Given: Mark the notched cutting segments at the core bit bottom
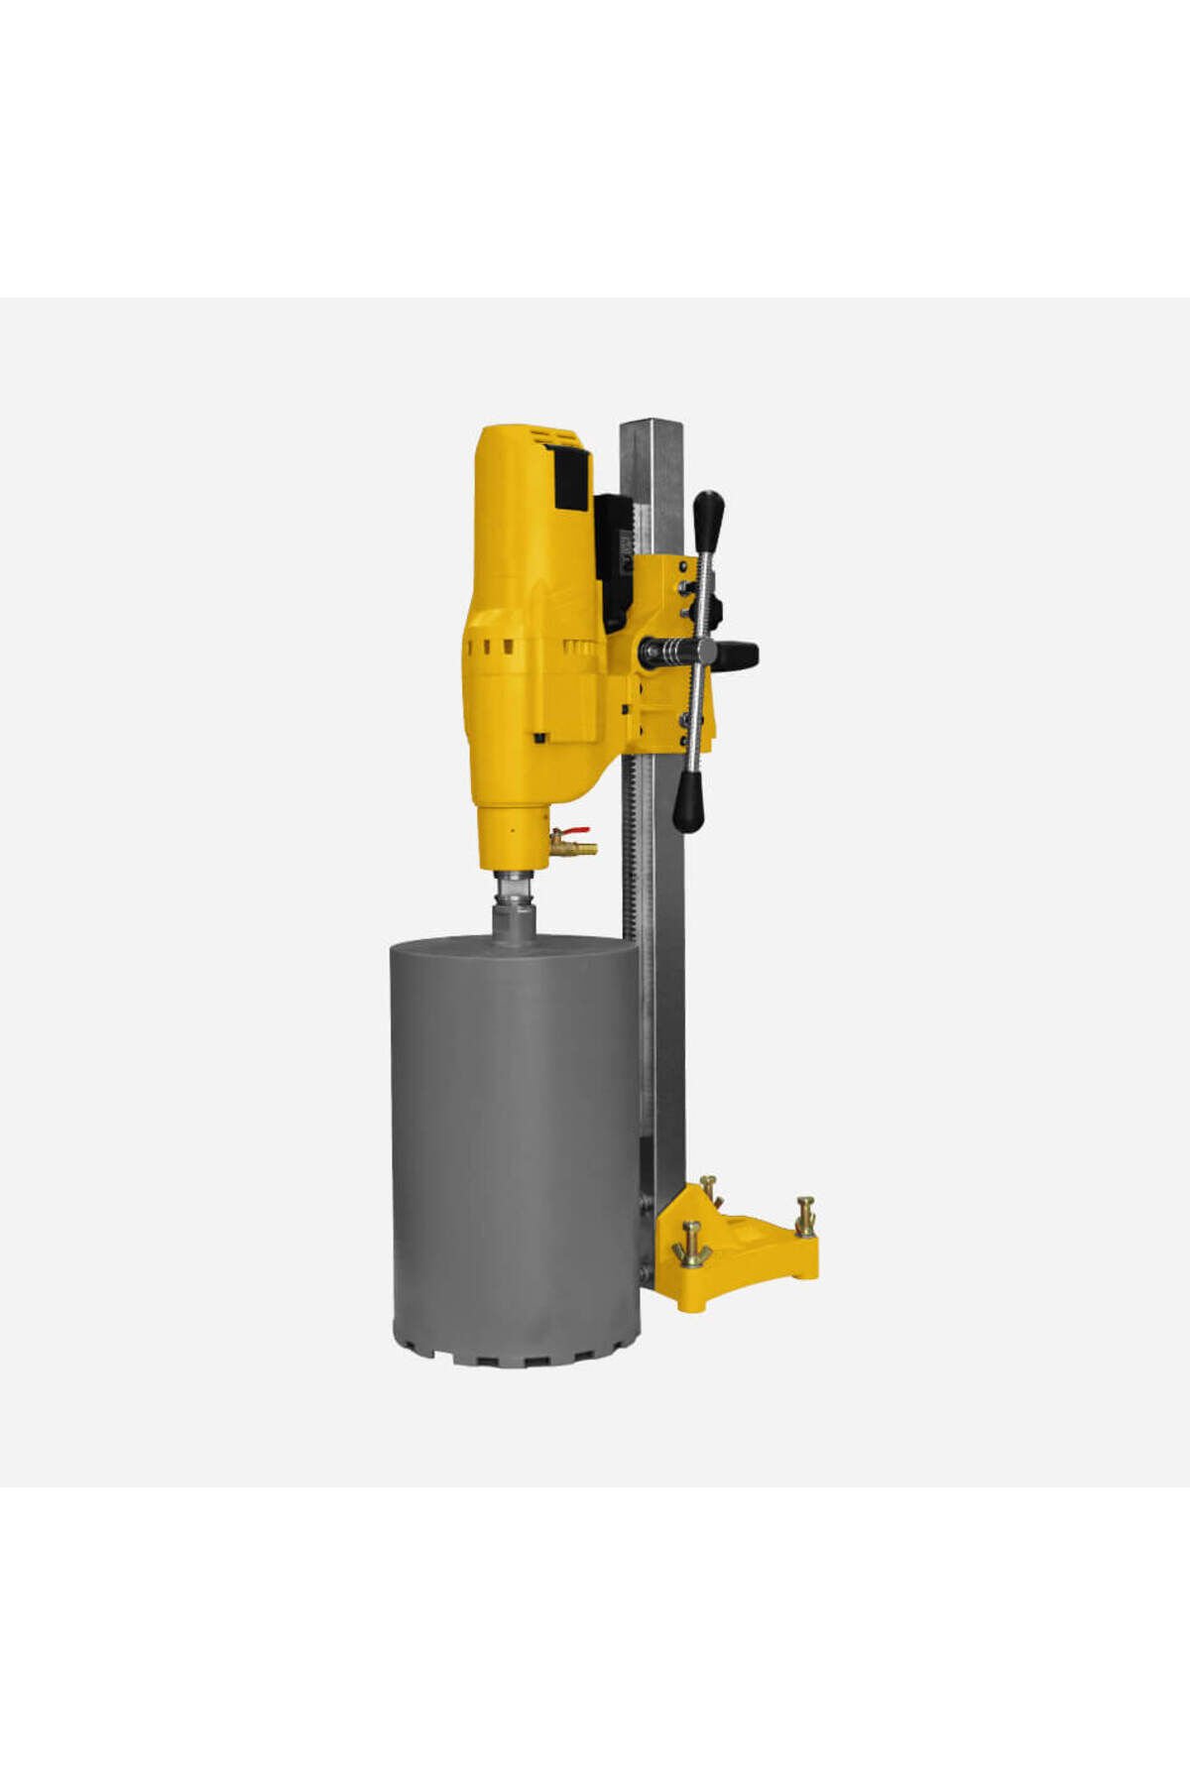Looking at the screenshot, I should [x=516, y=1351].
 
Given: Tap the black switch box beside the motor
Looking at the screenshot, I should [x=614, y=560].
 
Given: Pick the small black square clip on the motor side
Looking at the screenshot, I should [x=541, y=737].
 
